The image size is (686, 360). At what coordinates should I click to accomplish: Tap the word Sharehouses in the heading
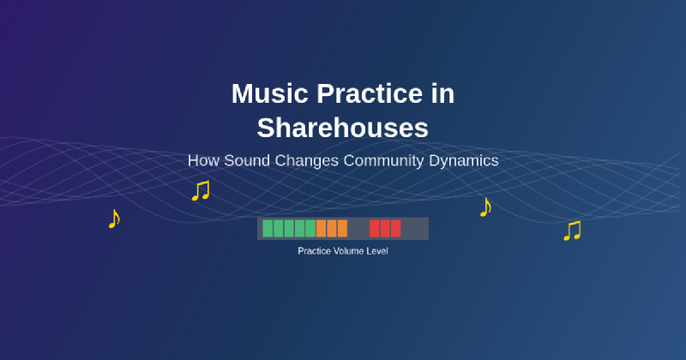[343, 128]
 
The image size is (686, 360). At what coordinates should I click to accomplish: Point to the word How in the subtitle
[204, 160]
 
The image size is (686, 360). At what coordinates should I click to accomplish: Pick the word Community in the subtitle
[385, 160]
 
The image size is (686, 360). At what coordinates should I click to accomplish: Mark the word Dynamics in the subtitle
[464, 160]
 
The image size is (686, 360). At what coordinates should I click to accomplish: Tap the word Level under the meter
[377, 251]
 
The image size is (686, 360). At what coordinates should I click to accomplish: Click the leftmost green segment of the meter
[268, 228]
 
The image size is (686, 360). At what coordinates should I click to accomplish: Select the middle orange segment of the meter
[332, 228]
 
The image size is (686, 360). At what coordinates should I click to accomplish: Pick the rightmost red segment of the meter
[395, 228]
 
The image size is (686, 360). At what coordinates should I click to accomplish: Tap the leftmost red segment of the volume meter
[375, 228]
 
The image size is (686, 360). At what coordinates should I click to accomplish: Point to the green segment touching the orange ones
[310, 228]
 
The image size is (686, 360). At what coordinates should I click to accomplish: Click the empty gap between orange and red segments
[358, 228]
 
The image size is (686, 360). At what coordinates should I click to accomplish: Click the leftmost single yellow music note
[113, 219]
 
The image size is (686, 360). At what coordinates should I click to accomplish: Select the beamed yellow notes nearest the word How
[201, 190]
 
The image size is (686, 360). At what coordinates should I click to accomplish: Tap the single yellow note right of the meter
[485, 207]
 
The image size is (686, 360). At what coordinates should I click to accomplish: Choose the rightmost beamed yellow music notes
[572, 231]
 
